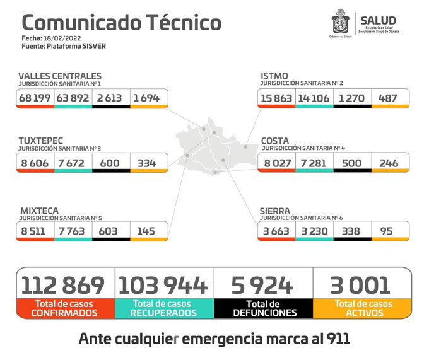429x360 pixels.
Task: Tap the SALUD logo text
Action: [378, 20]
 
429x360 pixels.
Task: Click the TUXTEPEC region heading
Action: [41, 140]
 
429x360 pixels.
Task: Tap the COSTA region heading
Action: [275, 140]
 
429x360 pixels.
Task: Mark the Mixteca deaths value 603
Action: [110, 231]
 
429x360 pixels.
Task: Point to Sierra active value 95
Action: [390, 231]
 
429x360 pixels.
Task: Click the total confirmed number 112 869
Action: [63, 285]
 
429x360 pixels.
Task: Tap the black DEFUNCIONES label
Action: [264, 313]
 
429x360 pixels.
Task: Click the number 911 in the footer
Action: [335, 339]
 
